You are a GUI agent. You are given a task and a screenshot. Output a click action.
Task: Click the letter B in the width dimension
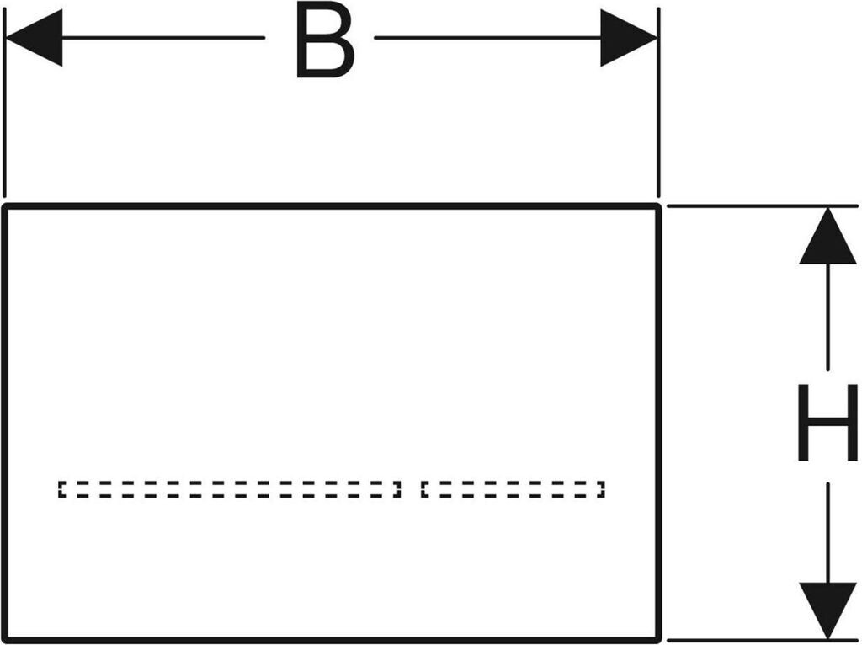(x=325, y=40)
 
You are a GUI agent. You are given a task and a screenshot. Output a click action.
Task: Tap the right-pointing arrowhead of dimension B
(x=627, y=38)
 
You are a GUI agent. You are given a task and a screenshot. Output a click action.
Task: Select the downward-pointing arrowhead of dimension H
(x=827, y=608)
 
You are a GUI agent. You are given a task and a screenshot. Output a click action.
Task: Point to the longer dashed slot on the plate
(x=229, y=489)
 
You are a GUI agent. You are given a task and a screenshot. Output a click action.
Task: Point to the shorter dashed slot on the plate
(x=513, y=489)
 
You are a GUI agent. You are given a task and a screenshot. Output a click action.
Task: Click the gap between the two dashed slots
(x=411, y=489)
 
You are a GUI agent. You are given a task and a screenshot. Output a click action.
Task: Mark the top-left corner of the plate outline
(x=7, y=206)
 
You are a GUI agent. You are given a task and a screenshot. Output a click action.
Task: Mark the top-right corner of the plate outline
(x=659, y=206)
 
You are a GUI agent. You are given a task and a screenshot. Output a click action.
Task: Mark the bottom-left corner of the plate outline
(x=7, y=638)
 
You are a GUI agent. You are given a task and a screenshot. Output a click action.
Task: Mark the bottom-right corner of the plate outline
(x=659, y=638)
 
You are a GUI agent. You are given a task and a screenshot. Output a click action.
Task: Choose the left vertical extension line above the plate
(x=5, y=109)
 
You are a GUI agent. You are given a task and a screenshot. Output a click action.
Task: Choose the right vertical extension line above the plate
(x=658, y=109)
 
